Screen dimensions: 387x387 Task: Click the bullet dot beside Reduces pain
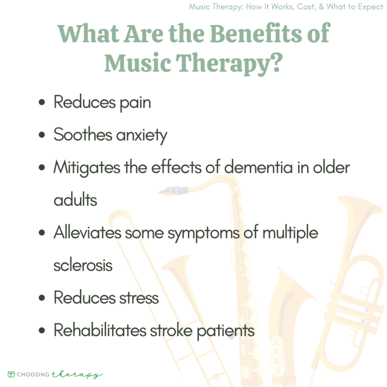click(x=43, y=103)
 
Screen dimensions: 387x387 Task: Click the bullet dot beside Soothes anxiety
click(x=43, y=135)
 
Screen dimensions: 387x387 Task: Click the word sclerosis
click(x=83, y=265)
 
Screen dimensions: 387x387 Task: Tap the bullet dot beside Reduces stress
click(x=43, y=298)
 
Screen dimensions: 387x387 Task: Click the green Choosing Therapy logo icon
click(x=11, y=374)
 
